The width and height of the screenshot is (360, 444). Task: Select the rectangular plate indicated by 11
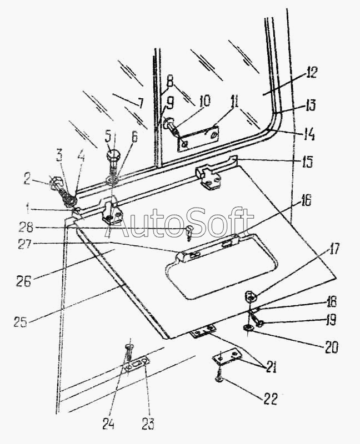click(x=198, y=138)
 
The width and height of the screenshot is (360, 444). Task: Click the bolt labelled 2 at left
click(x=57, y=184)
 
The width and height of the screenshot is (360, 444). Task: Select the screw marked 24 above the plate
click(x=128, y=350)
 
